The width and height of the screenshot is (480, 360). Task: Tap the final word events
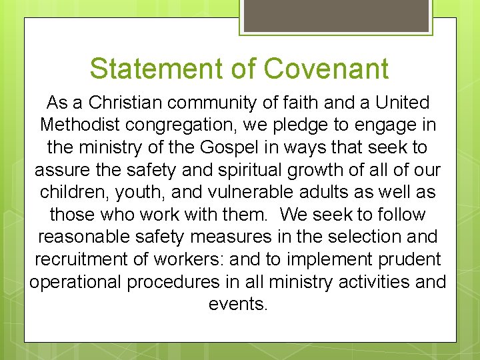click(238, 304)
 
